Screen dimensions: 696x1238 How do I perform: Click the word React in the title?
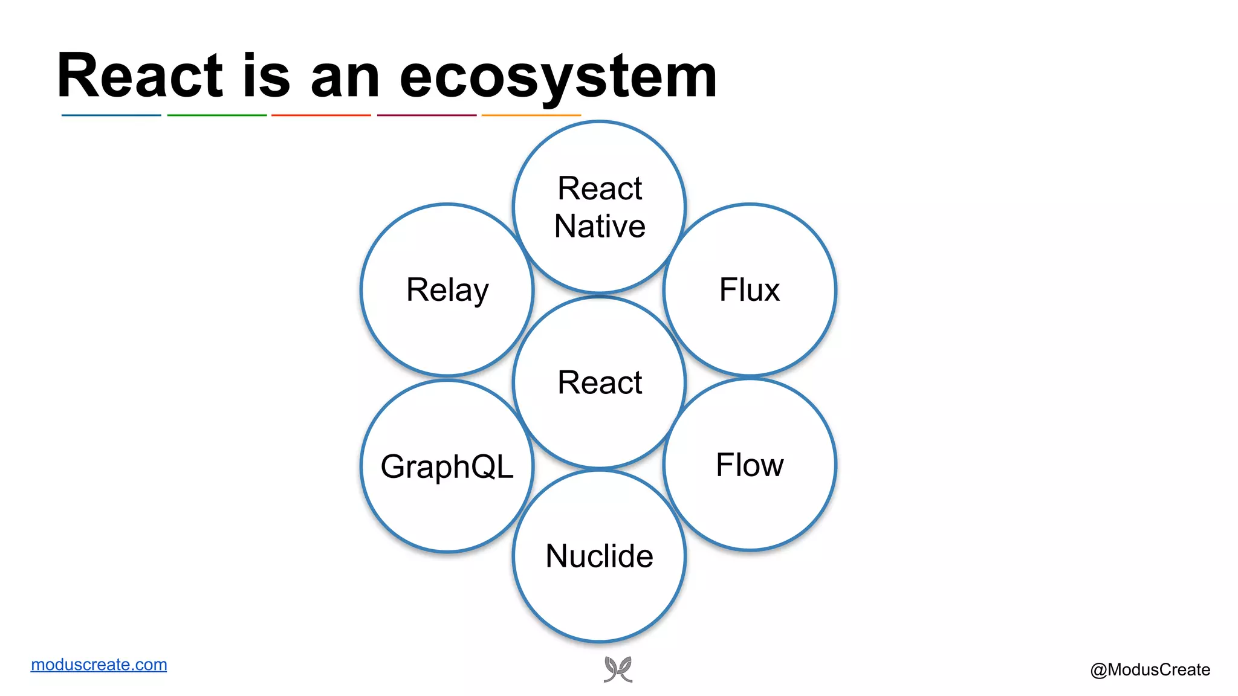tap(140, 76)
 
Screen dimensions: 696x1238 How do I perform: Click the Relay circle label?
tap(447, 290)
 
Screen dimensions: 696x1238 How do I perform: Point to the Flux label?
tap(749, 290)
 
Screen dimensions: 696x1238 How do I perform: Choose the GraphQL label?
tap(447, 466)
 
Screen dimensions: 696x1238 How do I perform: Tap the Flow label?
tap(750, 465)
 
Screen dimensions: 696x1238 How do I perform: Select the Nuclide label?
tap(599, 556)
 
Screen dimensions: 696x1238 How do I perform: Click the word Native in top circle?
tap(600, 227)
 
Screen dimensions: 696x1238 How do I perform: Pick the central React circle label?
tap(600, 382)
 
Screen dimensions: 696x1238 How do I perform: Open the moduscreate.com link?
tap(99, 665)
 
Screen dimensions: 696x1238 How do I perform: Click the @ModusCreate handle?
tap(1150, 669)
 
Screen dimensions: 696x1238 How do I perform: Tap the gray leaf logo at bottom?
tap(618, 669)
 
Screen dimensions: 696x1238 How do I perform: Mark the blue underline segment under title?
tap(111, 115)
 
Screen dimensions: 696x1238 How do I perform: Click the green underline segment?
tap(216, 115)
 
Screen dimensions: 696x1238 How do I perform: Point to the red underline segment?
tap(321, 115)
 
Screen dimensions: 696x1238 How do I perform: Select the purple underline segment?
tap(427, 115)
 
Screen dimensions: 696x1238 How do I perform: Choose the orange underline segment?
tap(531, 115)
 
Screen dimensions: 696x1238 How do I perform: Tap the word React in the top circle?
tap(600, 188)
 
